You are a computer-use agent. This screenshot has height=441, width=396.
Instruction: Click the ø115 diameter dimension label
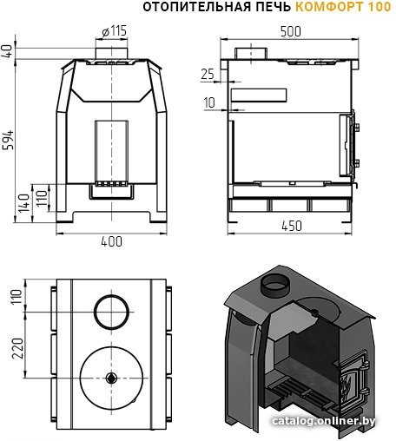point(115,31)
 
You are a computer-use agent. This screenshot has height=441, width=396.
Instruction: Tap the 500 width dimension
point(291,31)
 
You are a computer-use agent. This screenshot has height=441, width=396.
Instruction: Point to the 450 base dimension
point(292,226)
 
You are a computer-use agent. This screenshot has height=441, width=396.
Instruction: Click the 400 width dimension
point(112,241)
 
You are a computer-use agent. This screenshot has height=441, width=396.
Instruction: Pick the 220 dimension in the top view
point(17,348)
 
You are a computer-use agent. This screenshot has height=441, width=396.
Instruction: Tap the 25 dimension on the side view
point(208,75)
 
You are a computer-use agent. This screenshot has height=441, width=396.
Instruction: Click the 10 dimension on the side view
point(209,102)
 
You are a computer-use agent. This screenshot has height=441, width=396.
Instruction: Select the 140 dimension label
point(24,203)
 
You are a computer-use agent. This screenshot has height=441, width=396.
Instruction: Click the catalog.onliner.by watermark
point(324,421)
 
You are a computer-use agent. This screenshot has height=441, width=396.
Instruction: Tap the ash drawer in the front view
point(111,192)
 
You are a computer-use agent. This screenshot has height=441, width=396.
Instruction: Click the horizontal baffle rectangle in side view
point(259,95)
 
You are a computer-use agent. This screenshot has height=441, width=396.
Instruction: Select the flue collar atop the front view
point(111,53)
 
